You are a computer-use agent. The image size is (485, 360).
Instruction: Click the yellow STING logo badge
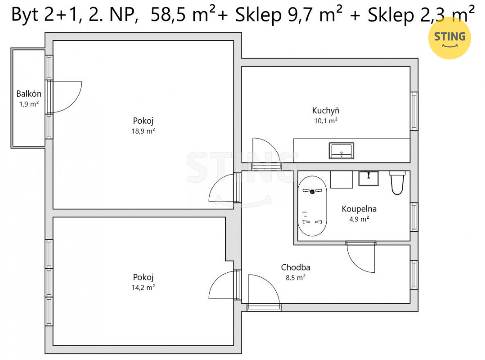coord(449,38)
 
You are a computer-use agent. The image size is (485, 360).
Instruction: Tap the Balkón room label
coord(29,94)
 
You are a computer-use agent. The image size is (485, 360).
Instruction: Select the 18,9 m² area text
coord(143,131)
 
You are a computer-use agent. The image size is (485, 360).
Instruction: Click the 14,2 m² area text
coord(143,287)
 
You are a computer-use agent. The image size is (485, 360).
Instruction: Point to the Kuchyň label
coord(326,110)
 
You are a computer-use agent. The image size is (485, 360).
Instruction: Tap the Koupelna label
coord(359,209)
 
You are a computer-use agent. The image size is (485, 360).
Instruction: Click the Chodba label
coord(296,267)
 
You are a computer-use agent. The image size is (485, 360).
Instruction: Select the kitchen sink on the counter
coord(341,151)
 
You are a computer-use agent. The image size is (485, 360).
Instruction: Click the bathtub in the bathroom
coord(312,206)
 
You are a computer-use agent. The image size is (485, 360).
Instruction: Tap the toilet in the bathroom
coord(397,183)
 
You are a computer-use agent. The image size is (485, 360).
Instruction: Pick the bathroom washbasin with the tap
coord(368,179)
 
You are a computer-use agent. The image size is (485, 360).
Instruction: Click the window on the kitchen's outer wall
coord(414,111)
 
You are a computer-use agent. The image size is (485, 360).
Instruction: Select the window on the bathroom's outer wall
coord(414,217)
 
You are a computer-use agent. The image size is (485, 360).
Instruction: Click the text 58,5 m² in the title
coord(183,14)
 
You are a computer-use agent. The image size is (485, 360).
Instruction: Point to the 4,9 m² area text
coord(359,219)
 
